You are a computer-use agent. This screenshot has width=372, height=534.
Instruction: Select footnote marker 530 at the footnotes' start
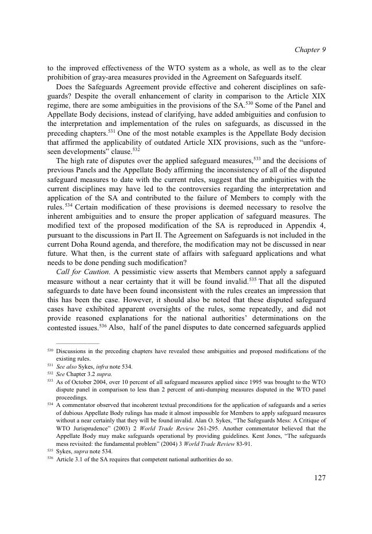(x=50, y=350)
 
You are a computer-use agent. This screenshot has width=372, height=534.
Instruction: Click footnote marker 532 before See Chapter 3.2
(x=50, y=373)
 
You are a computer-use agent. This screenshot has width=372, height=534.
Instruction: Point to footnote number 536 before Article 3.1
(x=50, y=459)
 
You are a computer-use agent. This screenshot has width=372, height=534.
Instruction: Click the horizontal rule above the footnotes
(x=73, y=343)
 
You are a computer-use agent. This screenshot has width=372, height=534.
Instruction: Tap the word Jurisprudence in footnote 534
(x=96, y=426)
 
